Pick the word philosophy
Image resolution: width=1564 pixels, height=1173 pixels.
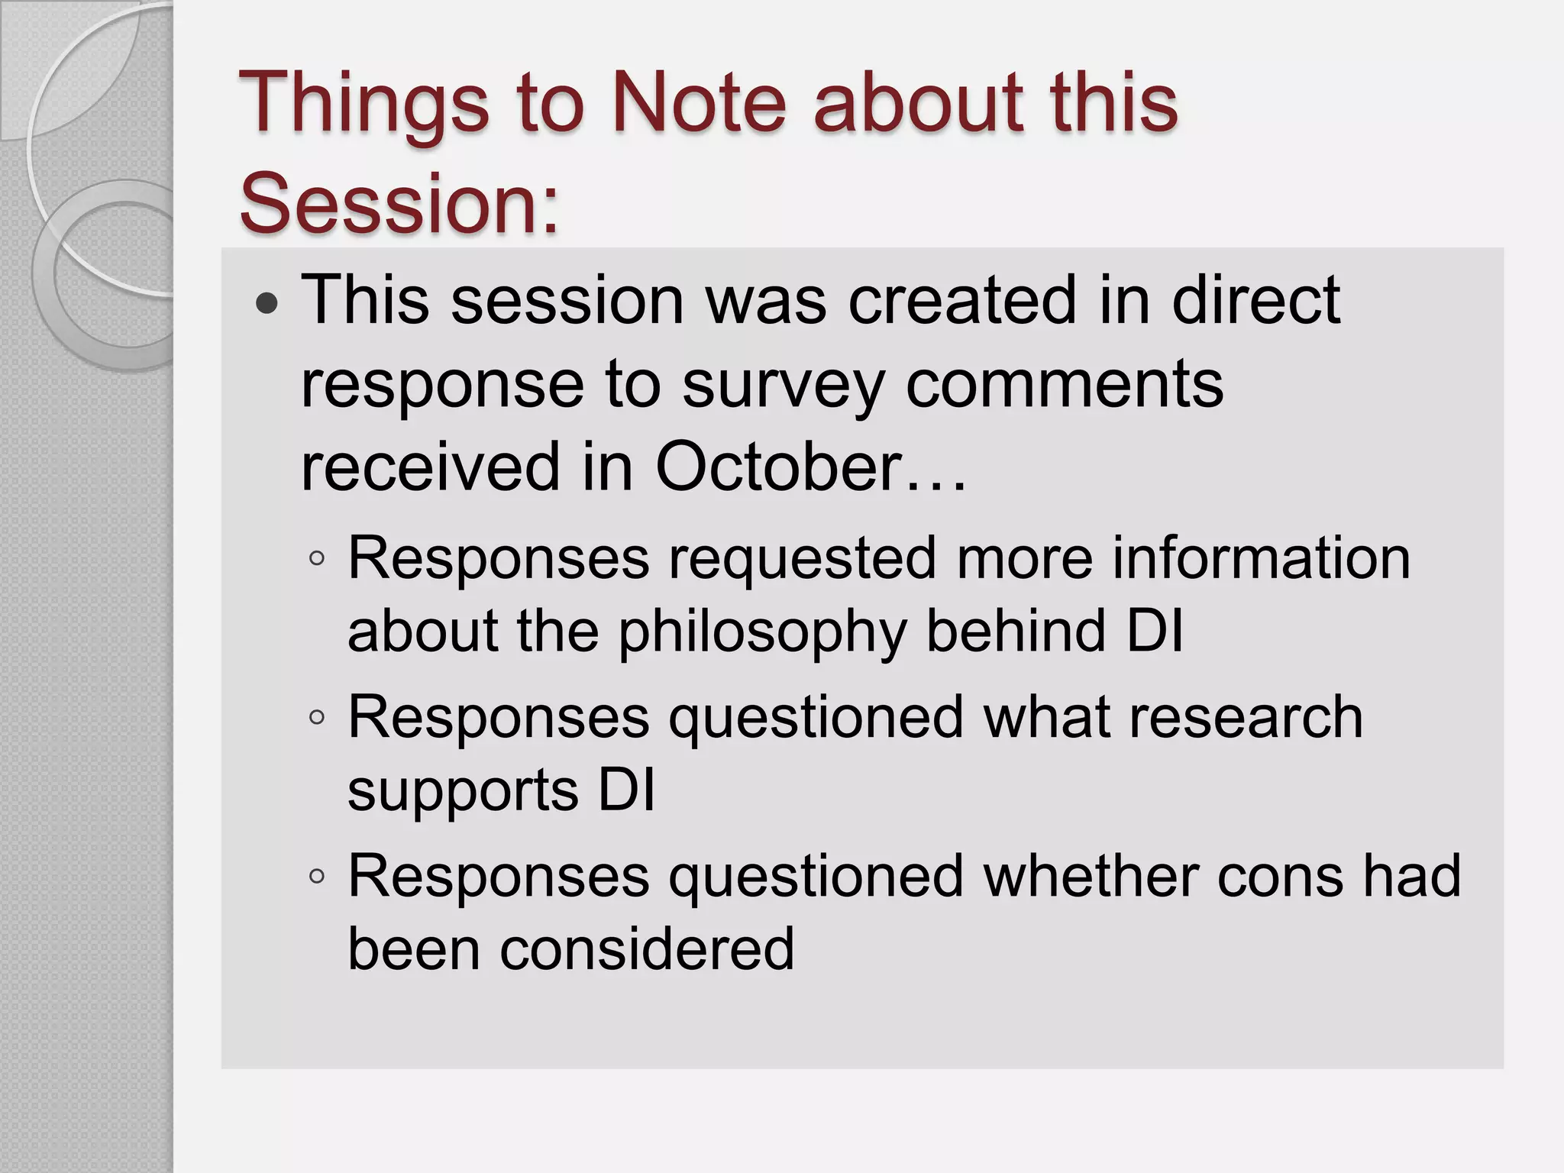click(762, 633)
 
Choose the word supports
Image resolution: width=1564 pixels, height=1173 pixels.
click(463, 790)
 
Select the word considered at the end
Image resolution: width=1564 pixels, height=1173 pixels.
click(647, 948)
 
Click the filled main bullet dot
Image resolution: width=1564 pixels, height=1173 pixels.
click(267, 305)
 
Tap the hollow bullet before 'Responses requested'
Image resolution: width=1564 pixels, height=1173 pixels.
click(317, 559)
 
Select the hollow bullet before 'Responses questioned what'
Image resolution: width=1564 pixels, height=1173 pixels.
click(317, 718)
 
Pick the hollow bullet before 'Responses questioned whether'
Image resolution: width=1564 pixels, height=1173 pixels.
click(317, 877)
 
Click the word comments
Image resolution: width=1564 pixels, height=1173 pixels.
click(1064, 383)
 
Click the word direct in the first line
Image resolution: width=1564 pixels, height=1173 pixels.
click(1255, 299)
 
